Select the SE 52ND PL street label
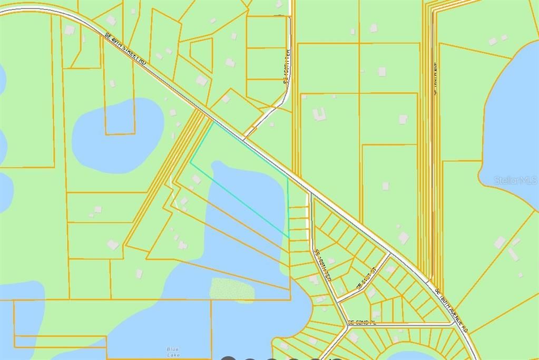(x=360, y=322)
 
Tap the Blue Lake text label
(x=173, y=352)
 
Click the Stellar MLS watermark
(x=516, y=180)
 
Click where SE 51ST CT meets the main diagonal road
(x=390, y=254)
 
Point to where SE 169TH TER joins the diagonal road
(x=311, y=194)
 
